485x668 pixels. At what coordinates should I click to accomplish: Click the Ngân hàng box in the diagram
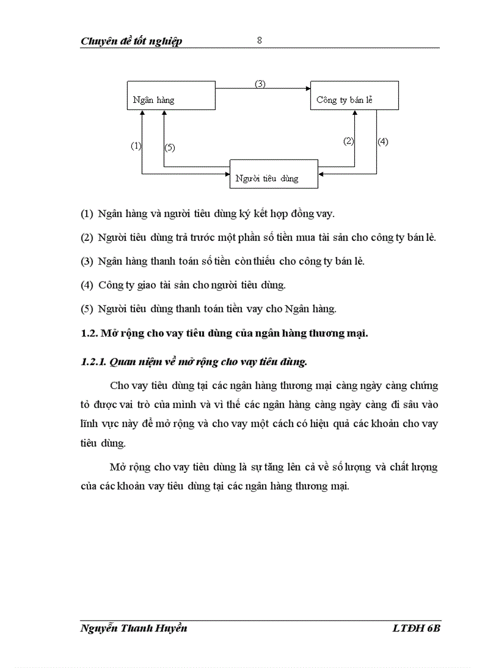171,96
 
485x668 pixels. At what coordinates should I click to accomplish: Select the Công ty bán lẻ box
354,96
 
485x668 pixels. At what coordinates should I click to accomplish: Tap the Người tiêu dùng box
273,174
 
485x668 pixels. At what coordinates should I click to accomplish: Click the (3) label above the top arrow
260,84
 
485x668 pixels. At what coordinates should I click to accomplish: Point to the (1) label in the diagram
136,146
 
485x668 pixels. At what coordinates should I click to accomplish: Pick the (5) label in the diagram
169,148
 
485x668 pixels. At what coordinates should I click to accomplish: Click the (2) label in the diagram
348,142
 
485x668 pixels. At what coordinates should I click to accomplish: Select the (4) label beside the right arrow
383,142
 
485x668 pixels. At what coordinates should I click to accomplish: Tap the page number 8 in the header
259,40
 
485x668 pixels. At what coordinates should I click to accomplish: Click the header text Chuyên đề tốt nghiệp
131,41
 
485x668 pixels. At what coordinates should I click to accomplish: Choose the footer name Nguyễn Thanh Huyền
134,628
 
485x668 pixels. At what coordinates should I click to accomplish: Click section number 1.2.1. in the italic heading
94,361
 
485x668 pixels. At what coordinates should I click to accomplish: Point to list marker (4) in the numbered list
87,285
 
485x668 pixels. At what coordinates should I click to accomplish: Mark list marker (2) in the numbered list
87,237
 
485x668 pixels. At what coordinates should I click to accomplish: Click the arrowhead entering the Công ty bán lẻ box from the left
307,89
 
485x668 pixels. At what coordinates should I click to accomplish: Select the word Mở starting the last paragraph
118,468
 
